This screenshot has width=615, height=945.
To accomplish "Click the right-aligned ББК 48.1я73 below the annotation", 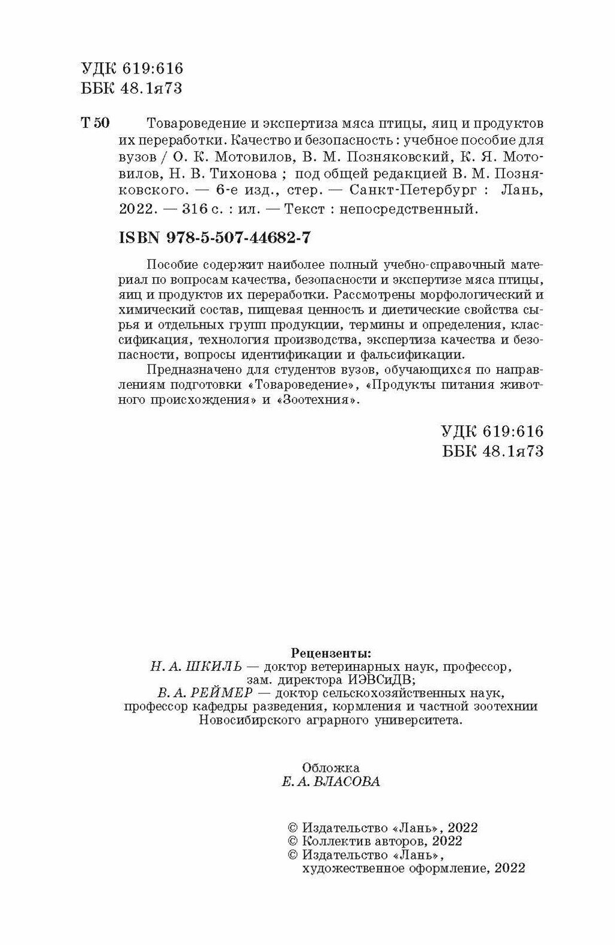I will click(492, 452).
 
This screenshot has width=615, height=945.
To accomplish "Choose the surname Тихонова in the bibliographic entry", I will click(247, 175).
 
